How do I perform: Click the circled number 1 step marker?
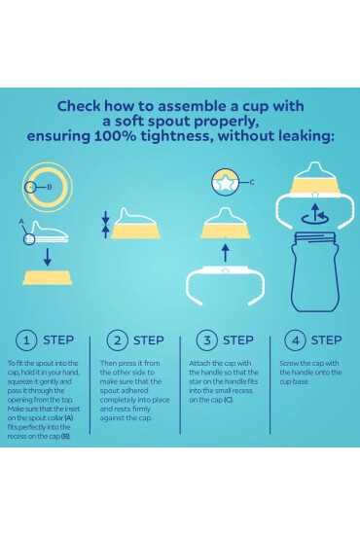click(26, 340)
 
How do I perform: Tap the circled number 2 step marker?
click(118, 340)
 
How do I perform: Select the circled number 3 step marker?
click(207, 340)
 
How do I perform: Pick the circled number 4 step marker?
click(296, 340)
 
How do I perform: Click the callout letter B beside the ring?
click(50, 187)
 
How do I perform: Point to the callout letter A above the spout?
click(21, 222)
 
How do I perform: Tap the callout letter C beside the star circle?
click(252, 182)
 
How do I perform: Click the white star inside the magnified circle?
click(225, 184)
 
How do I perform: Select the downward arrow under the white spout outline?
click(48, 257)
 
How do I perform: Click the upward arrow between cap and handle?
click(225, 253)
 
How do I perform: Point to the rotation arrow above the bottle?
click(315, 214)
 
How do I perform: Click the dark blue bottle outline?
click(315, 272)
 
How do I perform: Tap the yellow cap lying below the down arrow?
click(48, 277)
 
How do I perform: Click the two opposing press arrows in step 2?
click(106, 225)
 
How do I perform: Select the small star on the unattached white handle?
click(225, 271)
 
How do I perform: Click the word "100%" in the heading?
click(115, 136)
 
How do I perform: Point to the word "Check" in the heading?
click(79, 106)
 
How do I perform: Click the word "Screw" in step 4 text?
click(289, 364)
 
